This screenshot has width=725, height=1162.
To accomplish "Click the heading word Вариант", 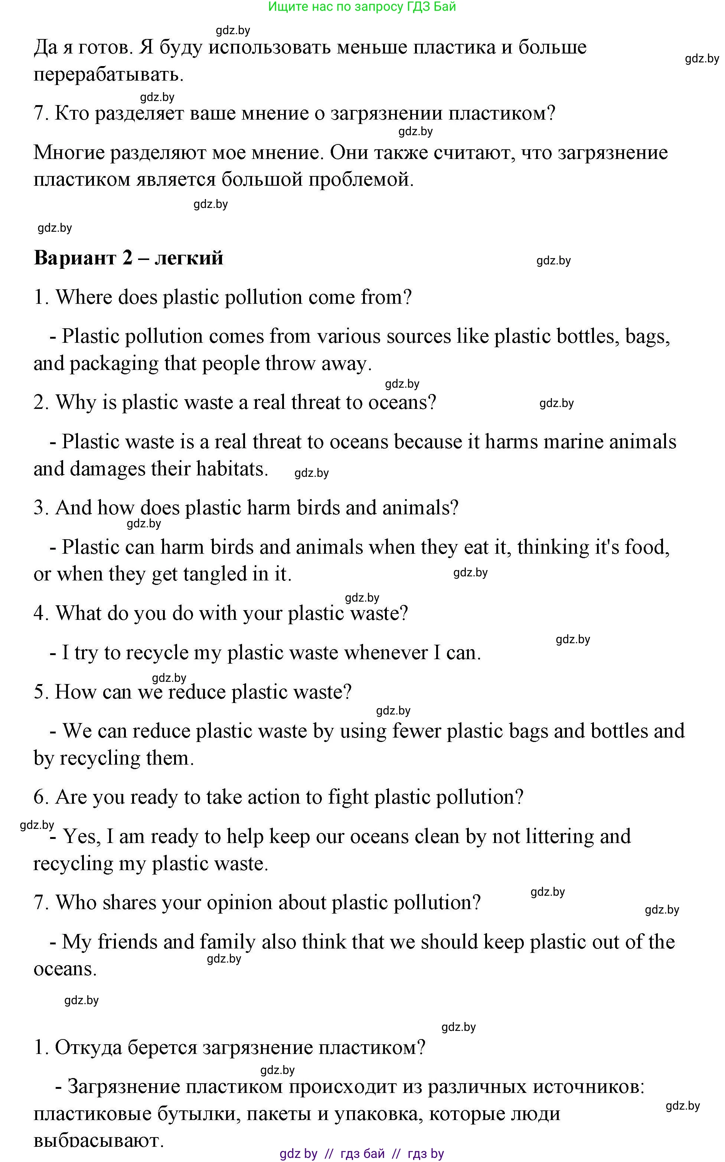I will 75,258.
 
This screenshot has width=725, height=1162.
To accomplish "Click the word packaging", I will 114,364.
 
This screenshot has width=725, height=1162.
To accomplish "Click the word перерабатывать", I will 109,75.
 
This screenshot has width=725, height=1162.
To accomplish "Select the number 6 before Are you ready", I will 38,797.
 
